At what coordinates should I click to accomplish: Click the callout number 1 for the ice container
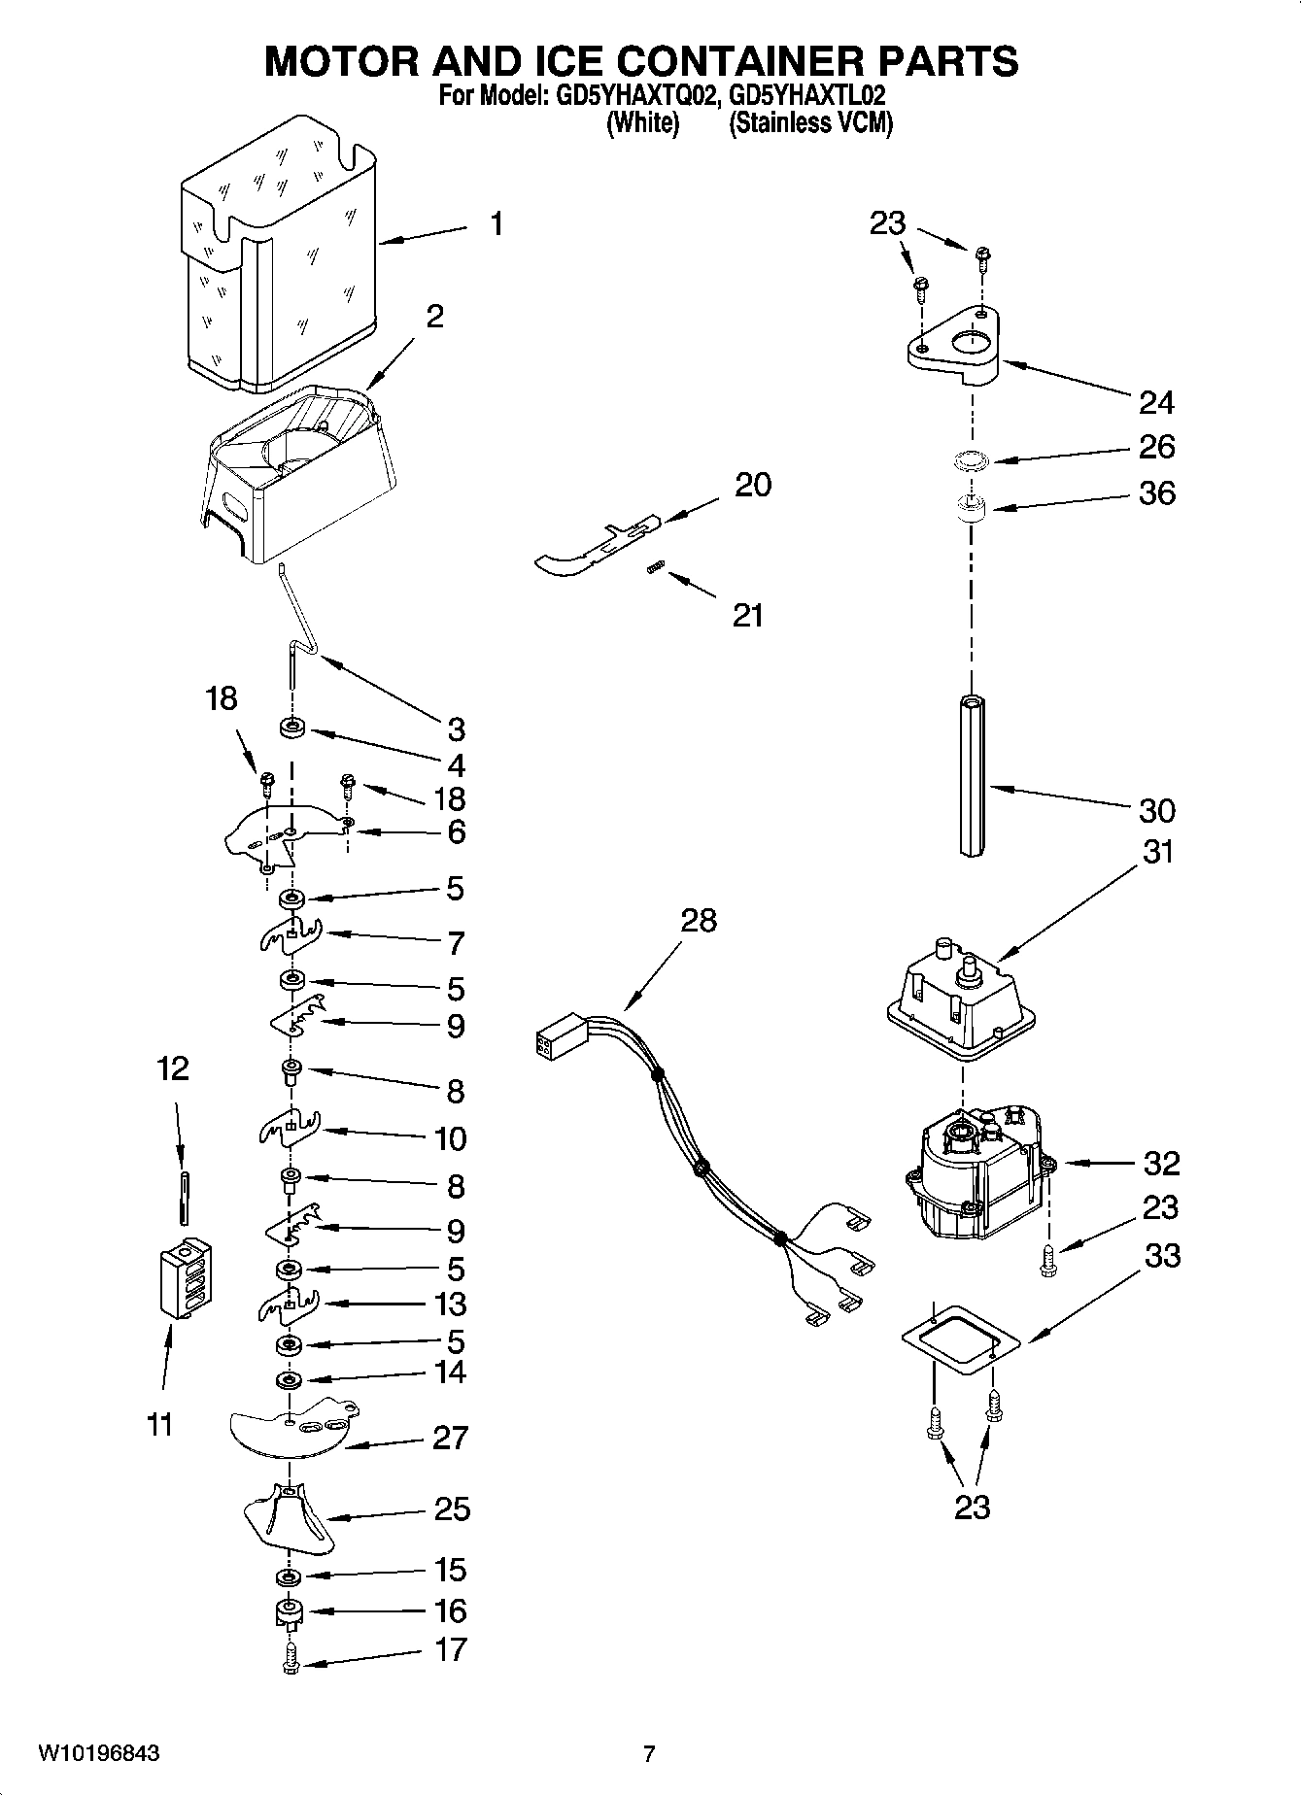pos(496,224)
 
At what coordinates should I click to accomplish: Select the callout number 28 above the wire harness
pos(698,920)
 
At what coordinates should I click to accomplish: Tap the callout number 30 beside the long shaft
pos(1156,810)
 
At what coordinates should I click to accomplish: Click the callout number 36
pos(1156,493)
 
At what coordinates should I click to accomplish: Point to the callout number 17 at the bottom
pos(450,1649)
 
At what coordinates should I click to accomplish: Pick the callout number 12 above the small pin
pos(173,1069)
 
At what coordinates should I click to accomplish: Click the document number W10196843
pos(99,1753)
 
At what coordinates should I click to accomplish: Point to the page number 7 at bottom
pos(649,1753)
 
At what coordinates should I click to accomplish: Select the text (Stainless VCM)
pos(810,122)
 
